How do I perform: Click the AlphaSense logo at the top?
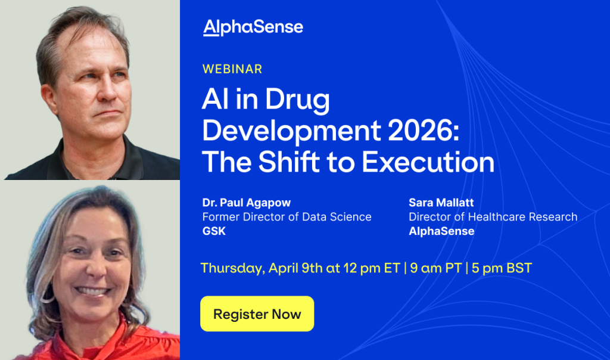253,27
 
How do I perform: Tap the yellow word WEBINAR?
232,69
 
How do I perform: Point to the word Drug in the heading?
298,100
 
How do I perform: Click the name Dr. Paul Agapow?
247,203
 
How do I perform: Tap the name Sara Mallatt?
441,203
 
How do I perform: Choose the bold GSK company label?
214,231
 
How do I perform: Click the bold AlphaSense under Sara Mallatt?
441,231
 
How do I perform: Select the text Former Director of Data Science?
287,217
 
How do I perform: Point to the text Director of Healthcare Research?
493,217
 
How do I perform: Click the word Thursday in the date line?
233,268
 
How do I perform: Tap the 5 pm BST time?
502,268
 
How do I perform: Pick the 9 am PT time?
435,268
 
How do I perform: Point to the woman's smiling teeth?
92,291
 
